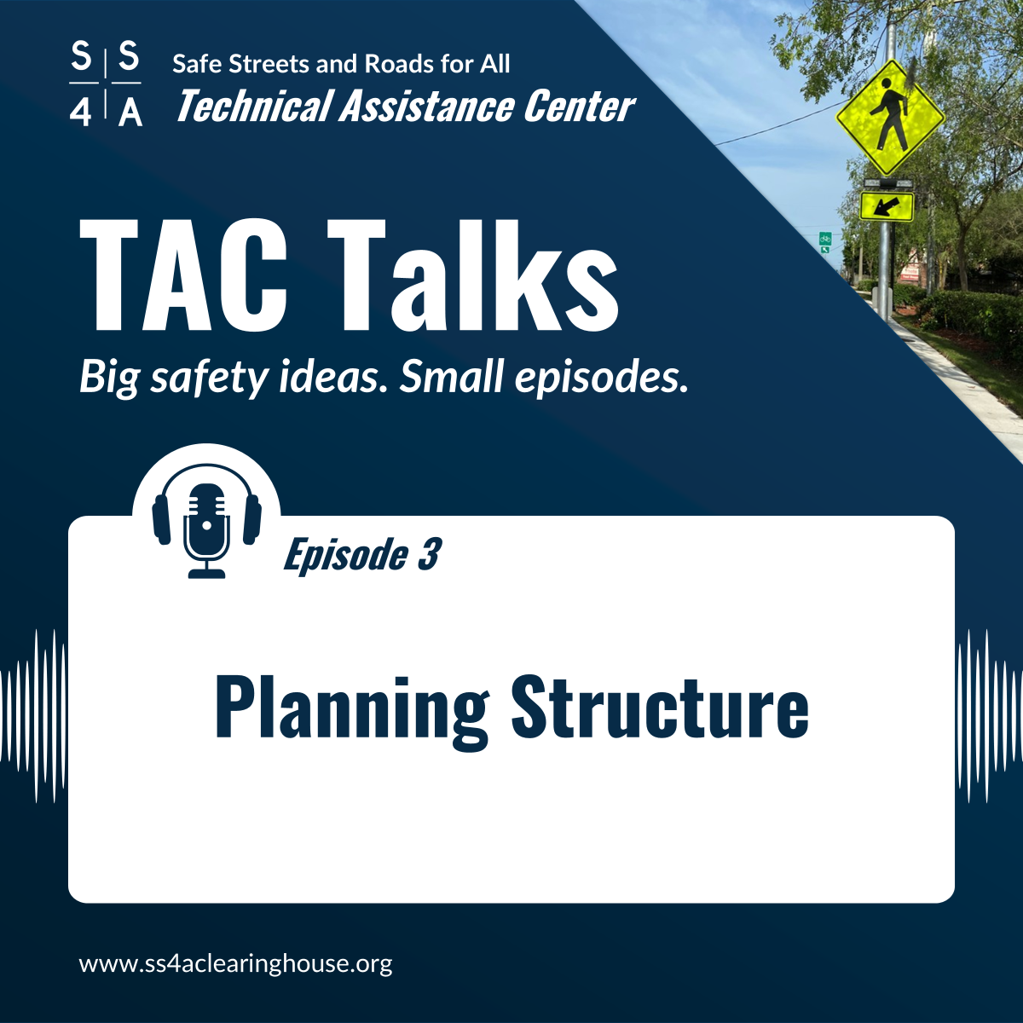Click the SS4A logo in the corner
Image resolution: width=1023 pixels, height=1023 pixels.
coord(106,84)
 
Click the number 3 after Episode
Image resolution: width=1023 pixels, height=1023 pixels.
coord(429,555)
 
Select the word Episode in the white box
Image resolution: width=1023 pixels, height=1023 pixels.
coord(345,555)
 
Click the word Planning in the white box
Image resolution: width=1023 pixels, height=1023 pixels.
coord(351,708)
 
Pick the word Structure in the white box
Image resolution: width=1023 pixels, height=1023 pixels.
coord(660,707)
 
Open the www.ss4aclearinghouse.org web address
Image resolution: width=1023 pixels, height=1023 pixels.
coord(236,964)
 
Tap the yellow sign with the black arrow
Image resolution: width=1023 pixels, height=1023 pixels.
coord(887,206)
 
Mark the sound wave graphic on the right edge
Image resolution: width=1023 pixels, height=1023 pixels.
coord(989,716)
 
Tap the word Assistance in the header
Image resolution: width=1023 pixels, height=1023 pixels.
coord(427,107)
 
